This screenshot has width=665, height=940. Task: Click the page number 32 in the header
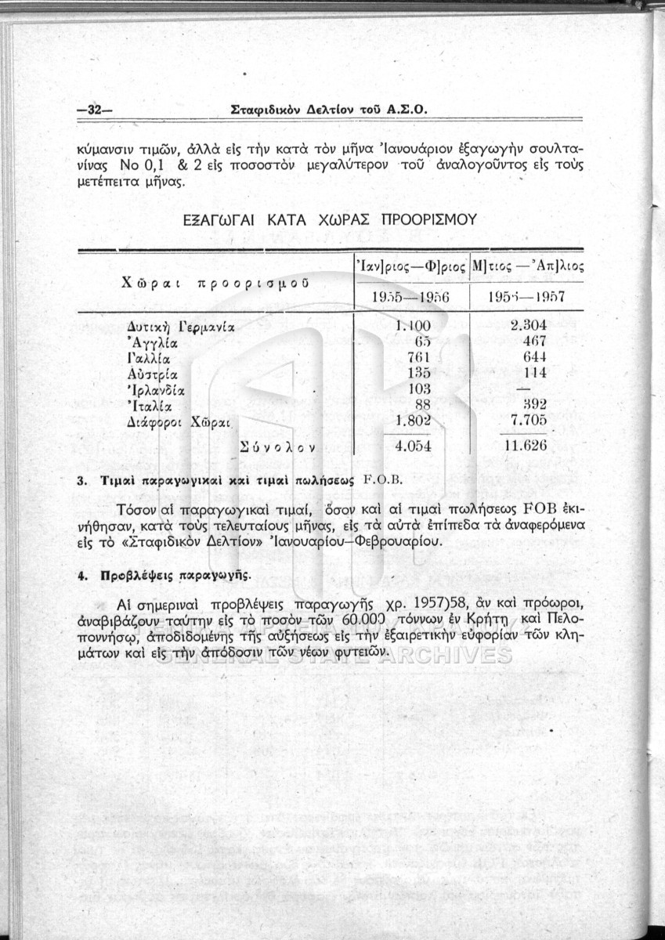(x=94, y=110)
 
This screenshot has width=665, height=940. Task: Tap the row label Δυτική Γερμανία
(x=181, y=325)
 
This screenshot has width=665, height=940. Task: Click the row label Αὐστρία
(x=154, y=373)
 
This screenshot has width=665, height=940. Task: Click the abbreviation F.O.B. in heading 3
(x=383, y=479)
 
